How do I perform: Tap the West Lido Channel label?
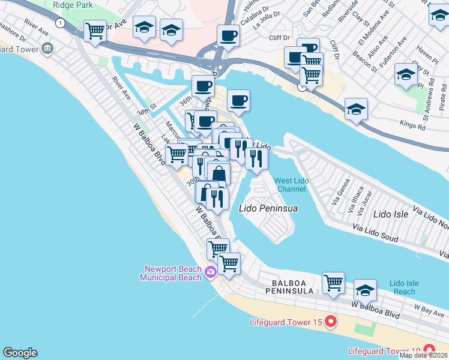pyautogui.click(x=291, y=185)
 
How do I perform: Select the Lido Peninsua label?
pyautogui.click(x=269, y=208)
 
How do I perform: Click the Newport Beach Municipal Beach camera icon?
pyautogui.click(x=210, y=272)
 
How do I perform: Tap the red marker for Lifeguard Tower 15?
pyautogui.click(x=330, y=323)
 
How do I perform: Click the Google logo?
pyautogui.click(x=20, y=353)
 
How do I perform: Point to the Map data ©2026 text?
pyautogui.click(x=423, y=355)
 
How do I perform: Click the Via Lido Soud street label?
pyautogui.click(x=375, y=234)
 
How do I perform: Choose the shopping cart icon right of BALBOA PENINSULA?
pyautogui.click(x=333, y=283)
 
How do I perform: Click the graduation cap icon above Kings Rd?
pyautogui.click(x=356, y=110)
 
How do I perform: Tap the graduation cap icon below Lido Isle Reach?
pyautogui.click(x=365, y=290)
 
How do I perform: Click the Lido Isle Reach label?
pyautogui.click(x=402, y=287)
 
